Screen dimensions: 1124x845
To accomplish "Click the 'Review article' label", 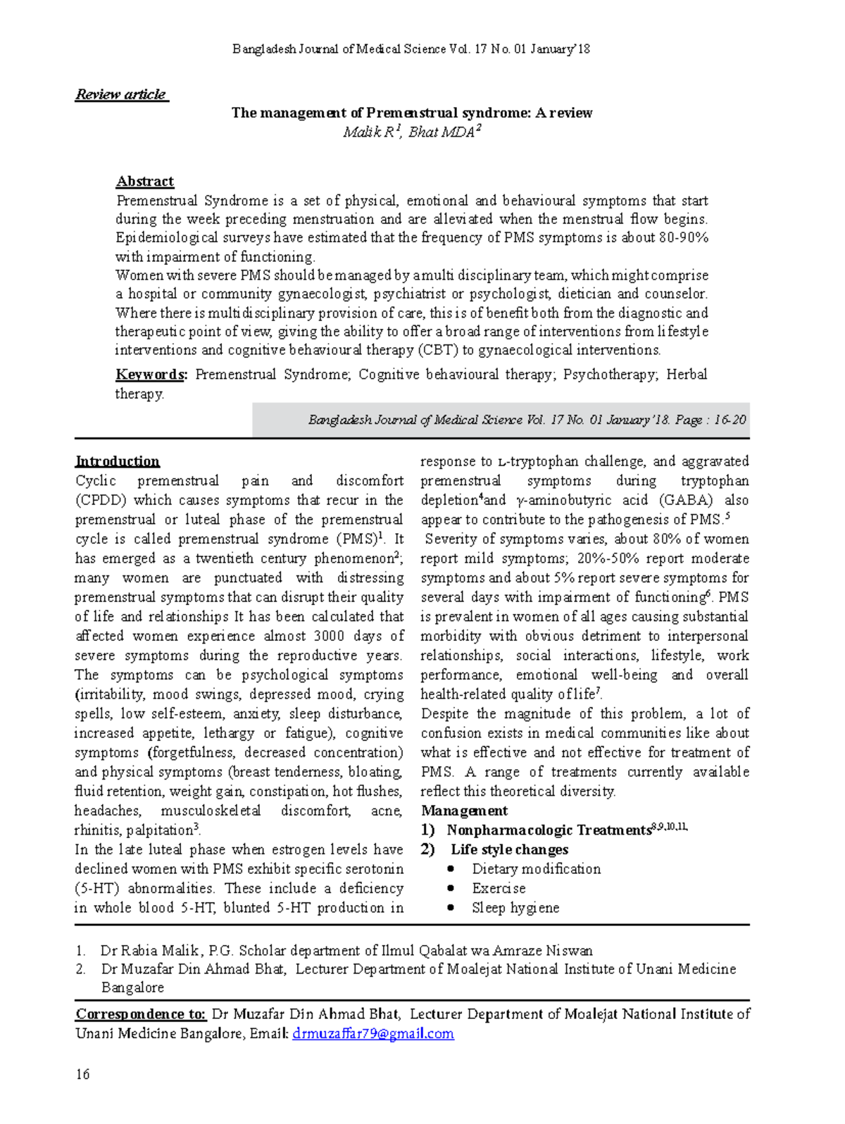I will point(121,94).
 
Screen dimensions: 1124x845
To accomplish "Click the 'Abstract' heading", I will point(144,181).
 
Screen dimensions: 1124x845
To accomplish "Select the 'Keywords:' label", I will point(151,375).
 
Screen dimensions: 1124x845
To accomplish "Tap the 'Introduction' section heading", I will point(117,461).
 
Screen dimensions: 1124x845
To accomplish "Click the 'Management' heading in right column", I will point(464,811).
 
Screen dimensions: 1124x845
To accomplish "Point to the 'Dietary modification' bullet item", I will point(536,869).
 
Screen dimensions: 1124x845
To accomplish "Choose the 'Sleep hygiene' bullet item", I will point(515,908).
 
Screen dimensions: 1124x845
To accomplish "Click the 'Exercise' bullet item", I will point(499,888).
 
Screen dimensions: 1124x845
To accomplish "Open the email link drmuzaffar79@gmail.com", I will point(373,1034).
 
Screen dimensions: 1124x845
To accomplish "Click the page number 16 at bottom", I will point(82,1074).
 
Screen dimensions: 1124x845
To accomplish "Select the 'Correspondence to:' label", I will point(140,1014).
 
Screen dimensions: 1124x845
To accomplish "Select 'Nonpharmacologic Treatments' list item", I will point(548,830).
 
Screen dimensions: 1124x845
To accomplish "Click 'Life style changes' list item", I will point(509,849).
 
